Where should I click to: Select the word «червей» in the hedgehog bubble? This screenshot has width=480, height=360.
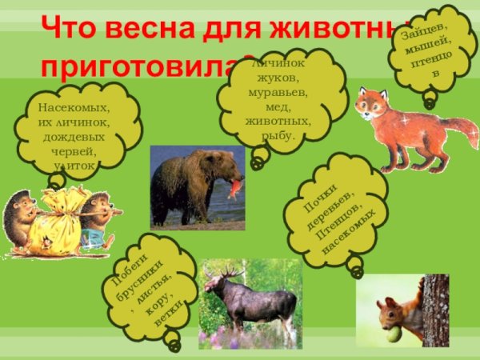(x=73, y=150)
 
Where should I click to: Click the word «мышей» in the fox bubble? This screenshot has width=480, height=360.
(x=432, y=48)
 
